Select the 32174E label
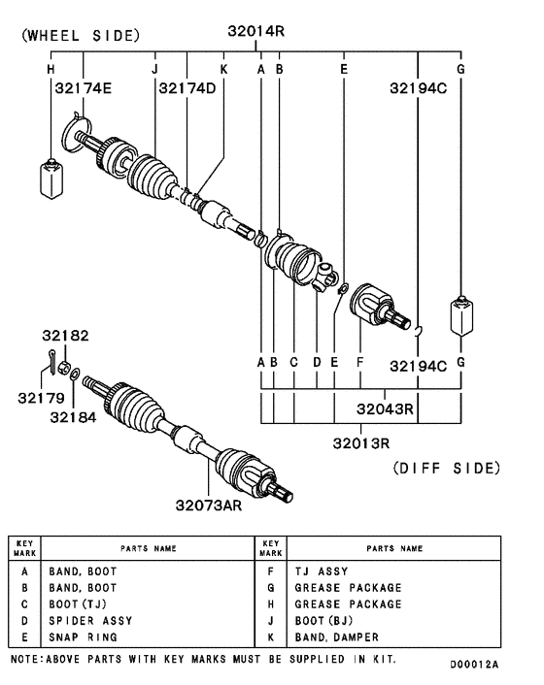click(x=83, y=89)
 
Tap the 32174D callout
click(x=187, y=89)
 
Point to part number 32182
click(x=65, y=337)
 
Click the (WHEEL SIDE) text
click(x=81, y=36)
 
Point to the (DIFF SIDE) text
click(x=447, y=468)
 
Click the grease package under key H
click(x=51, y=176)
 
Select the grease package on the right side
click(x=460, y=316)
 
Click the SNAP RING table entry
click(x=83, y=637)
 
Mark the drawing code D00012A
click(x=473, y=666)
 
